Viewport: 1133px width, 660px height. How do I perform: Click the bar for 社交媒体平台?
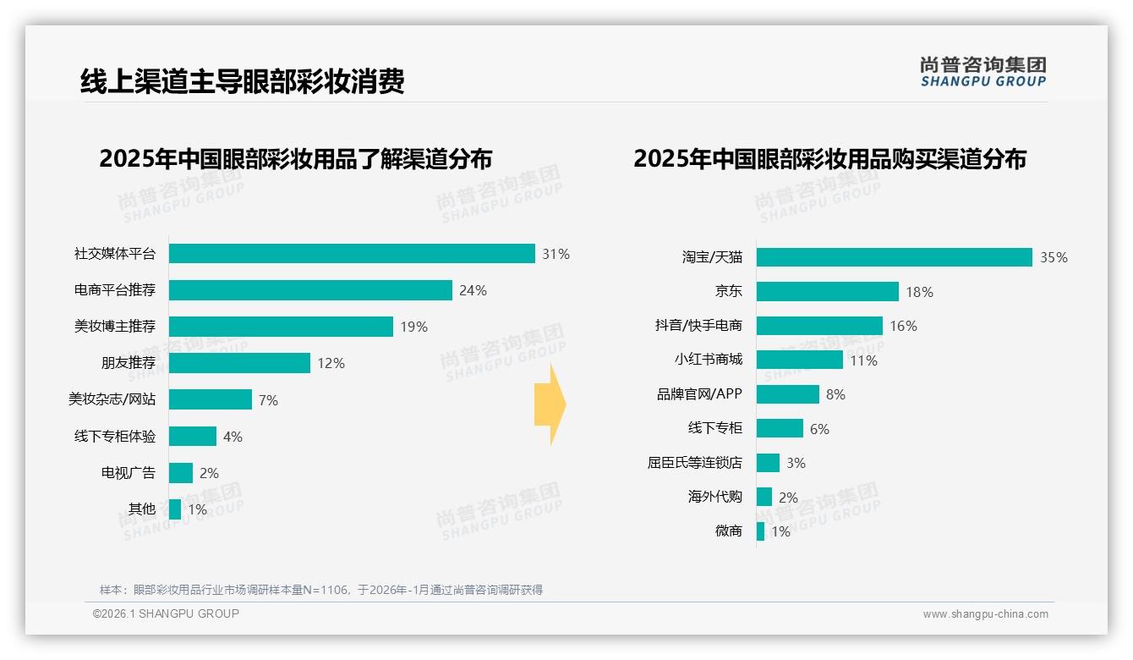(x=352, y=254)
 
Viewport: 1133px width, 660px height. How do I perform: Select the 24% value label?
(x=473, y=290)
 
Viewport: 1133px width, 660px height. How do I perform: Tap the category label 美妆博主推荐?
(x=115, y=327)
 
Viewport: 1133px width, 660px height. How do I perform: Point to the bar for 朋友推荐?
(x=239, y=363)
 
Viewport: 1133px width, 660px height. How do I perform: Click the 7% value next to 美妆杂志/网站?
(x=268, y=400)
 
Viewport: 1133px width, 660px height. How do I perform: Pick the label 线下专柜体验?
(x=115, y=437)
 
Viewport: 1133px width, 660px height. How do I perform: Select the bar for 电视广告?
(x=181, y=473)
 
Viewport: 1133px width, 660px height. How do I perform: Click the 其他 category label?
(x=142, y=509)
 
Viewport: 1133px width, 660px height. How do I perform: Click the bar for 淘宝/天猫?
(x=894, y=257)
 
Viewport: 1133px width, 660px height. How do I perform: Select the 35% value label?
(x=1054, y=258)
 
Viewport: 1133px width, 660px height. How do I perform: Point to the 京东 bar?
(x=827, y=292)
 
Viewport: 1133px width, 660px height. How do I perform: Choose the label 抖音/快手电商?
(x=698, y=326)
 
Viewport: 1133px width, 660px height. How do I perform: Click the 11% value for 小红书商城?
(x=863, y=360)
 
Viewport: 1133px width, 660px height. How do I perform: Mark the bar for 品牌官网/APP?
(x=787, y=394)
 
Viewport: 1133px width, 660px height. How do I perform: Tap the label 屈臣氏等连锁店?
(x=695, y=463)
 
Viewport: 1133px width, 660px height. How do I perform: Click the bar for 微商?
(x=760, y=531)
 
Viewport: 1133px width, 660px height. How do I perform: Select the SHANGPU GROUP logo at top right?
(x=982, y=72)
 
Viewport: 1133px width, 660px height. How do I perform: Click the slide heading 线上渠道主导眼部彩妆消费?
(x=243, y=81)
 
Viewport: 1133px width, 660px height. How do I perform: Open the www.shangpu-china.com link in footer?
(x=985, y=614)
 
